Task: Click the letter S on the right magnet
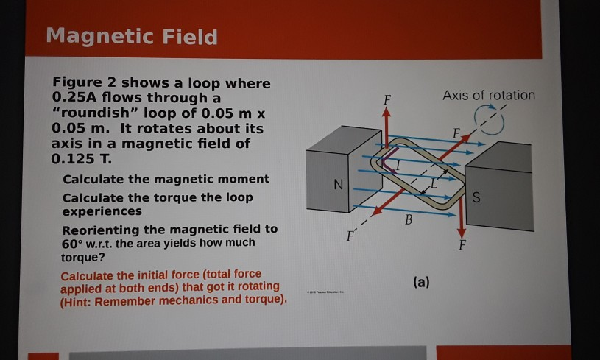(x=476, y=197)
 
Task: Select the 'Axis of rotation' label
(x=489, y=95)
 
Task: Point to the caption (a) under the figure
(x=422, y=281)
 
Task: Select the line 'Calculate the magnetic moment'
(x=166, y=179)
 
